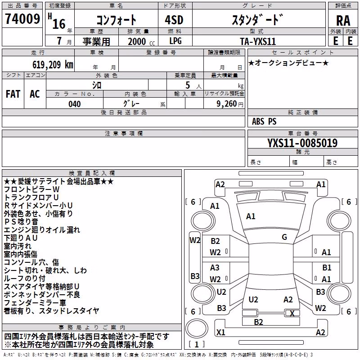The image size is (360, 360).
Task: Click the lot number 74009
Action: [22, 18]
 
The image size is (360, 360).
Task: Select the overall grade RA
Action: [343, 21]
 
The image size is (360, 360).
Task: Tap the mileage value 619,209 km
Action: [53, 64]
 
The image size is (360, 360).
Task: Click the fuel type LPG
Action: [175, 41]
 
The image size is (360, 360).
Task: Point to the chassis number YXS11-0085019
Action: [302, 143]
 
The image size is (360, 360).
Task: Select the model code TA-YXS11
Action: [258, 41]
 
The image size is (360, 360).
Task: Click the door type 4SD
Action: [174, 20]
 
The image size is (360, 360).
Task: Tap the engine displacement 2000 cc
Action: [141, 41]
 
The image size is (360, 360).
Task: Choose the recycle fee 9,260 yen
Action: [229, 104]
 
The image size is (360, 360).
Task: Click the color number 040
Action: [75, 104]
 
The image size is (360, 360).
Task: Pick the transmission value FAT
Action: [13, 94]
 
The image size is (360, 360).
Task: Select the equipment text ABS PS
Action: [264, 121]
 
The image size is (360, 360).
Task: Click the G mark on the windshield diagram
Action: [284, 237]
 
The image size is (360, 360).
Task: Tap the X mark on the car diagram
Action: [292, 313]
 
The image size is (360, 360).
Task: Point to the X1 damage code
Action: [221, 332]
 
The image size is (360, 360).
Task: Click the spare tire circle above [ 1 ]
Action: [197, 328]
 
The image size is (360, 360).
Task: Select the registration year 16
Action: [59, 24]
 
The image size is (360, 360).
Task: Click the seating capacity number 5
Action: [188, 85]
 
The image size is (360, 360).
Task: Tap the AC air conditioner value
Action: [35, 94]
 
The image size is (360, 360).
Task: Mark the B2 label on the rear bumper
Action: [258, 322]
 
